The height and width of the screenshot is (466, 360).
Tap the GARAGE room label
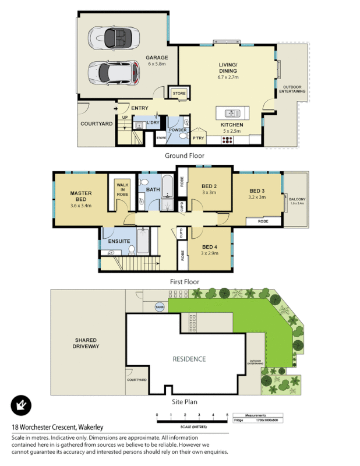(x=157, y=58)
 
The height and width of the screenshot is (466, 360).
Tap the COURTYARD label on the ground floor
(x=96, y=123)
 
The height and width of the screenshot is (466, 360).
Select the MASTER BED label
(x=82, y=196)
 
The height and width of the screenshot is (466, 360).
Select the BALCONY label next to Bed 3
(x=297, y=201)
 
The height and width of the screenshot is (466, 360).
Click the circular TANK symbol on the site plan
(x=159, y=306)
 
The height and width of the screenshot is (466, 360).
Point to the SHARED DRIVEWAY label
(x=85, y=343)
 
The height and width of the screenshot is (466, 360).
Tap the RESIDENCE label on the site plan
(x=189, y=359)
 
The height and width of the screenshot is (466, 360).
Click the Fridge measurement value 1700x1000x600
(x=267, y=419)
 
